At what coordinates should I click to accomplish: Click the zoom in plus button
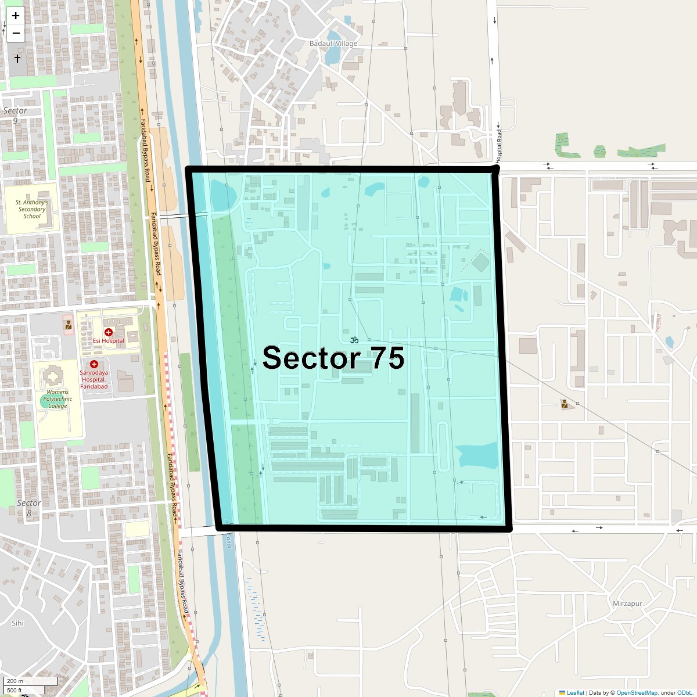tap(16, 16)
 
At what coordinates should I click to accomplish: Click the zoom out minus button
tap(16, 33)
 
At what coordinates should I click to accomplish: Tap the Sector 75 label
tap(333, 358)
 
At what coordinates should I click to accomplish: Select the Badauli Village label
tap(333, 44)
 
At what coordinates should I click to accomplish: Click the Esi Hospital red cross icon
tap(109, 332)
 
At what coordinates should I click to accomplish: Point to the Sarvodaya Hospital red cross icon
tap(94, 364)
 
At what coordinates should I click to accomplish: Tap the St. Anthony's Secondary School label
tap(32, 209)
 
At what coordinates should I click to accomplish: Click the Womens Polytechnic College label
tap(58, 399)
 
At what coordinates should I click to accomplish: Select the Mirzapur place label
tap(627, 603)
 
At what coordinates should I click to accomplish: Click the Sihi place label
tap(17, 623)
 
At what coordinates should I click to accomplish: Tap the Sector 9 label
tap(15, 115)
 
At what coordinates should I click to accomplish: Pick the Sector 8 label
tap(29, 508)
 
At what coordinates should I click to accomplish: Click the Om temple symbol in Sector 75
tap(354, 340)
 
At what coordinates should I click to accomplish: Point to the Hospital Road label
tap(498, 145)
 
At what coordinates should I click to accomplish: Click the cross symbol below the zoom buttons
tap(17, 59)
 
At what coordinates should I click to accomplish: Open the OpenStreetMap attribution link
tap(637, 692)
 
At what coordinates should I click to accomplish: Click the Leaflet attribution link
tap(575, 692)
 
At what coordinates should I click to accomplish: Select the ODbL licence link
tap(686, 692)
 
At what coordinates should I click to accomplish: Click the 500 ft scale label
tap(15, 690)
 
